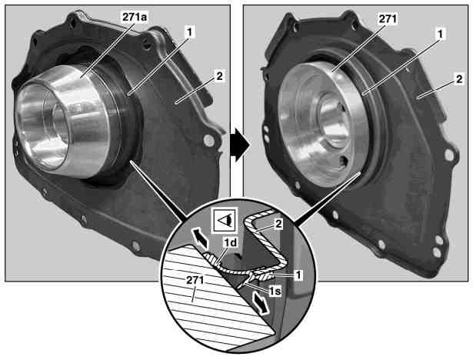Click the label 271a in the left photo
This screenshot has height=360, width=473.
tap(135, 18)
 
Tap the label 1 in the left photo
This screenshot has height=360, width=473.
tap(190, 32)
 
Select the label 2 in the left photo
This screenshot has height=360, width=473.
tap(219, 76)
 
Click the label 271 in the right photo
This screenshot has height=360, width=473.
tap(388, 19)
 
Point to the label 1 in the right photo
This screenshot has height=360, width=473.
tap(441, 34)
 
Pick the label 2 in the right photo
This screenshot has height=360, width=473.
tap(459, 79)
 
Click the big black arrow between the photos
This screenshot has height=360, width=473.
tap(240, 145)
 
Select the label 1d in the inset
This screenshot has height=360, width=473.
tap(230, 242)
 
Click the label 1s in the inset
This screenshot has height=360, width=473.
tap(275, 291)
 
